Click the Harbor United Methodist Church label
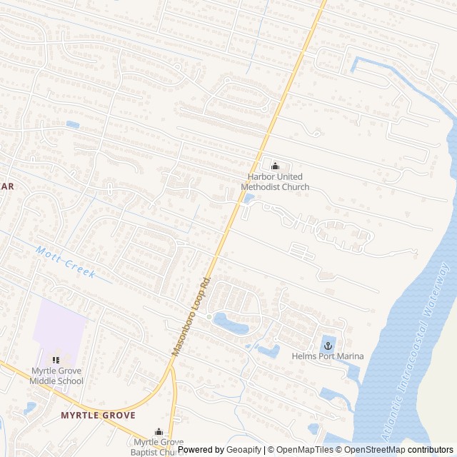pos(275,182)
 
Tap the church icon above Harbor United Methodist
pos(275,166)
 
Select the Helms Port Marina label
pos(328,356)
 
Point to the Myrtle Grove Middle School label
pos(56,376)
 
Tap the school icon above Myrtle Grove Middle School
pos(56,360)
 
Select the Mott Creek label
pos(65,262)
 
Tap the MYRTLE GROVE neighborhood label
pos(98,415)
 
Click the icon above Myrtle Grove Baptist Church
pos(159,432)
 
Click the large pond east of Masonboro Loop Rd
pos(230,323)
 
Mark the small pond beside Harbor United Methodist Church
pos(248,199)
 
